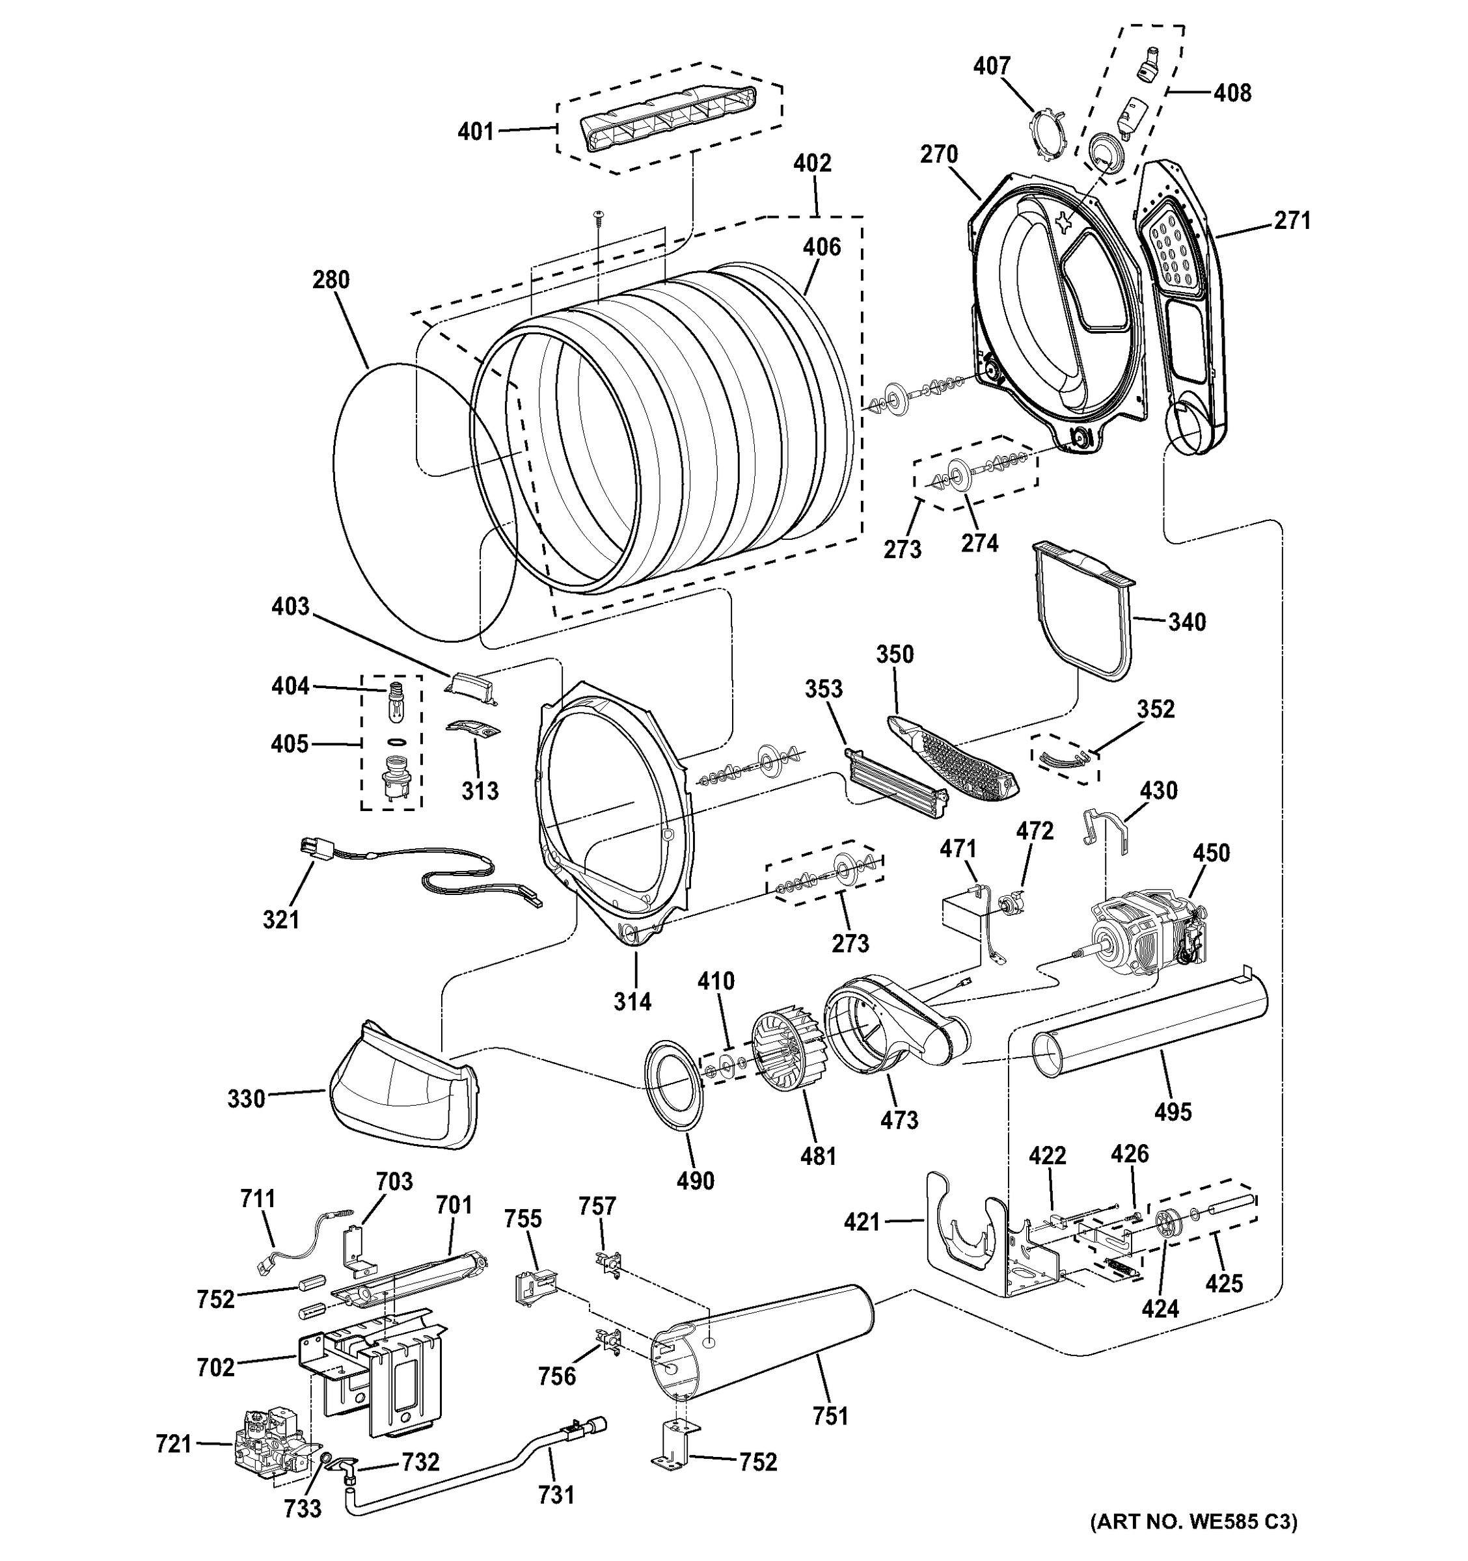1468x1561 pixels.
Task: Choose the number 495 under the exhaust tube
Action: tap(1173, 1112)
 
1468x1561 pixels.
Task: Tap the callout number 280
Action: tap(331, 280)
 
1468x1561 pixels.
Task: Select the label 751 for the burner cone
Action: tap(831, 1416)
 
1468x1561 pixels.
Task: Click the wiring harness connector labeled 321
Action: tap(312, 849)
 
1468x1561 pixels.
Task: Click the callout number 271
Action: tap(1292, 220)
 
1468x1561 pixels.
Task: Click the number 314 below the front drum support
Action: tap(632, 1001)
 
